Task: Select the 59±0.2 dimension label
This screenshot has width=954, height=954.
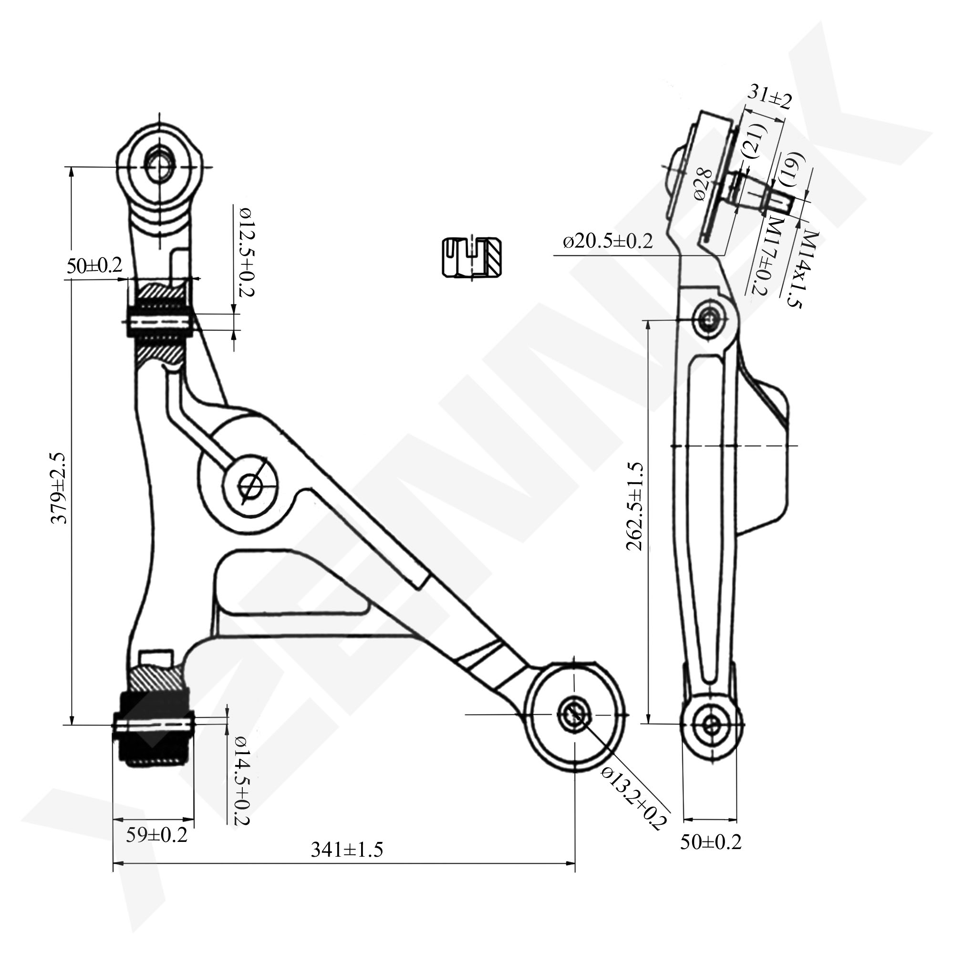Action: coord(156,835)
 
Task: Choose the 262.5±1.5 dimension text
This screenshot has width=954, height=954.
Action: coord(634,506)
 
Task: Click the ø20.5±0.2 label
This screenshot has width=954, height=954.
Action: coord(608,241)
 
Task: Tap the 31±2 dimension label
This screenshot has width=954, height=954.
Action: coord(769,97)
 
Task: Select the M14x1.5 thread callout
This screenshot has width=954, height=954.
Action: coord(803,269)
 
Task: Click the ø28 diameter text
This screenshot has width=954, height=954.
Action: coord(703,185)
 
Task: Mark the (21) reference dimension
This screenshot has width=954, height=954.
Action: coord(756,141)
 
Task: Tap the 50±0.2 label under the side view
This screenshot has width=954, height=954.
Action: coord(711,842)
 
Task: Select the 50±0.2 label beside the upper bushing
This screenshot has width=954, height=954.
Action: coord(94,266)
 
